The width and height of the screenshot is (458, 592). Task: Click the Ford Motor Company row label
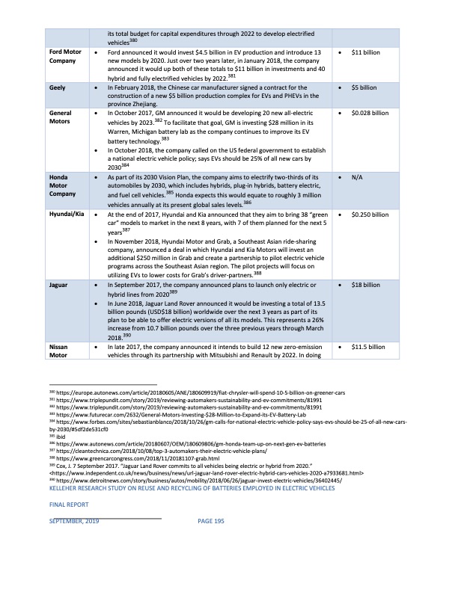pos(65,57)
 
